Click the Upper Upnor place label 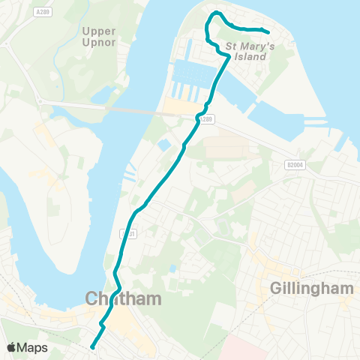[99, 37]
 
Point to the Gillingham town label [304, 288]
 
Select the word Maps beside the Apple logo [32, 347]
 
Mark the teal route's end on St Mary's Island [268, 31]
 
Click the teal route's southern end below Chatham [91, 346]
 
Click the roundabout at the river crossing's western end [39, 102]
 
